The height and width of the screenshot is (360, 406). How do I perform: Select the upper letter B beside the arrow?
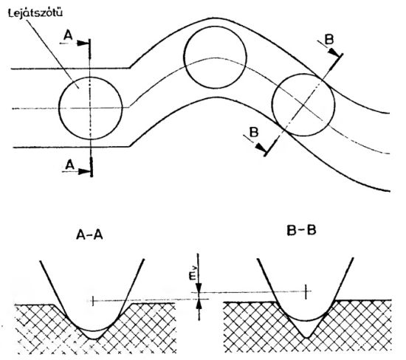tap(328, 38)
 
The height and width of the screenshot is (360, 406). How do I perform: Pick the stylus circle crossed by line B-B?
tap(303, 104)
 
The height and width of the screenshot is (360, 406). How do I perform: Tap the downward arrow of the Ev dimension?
tap(199, 289)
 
